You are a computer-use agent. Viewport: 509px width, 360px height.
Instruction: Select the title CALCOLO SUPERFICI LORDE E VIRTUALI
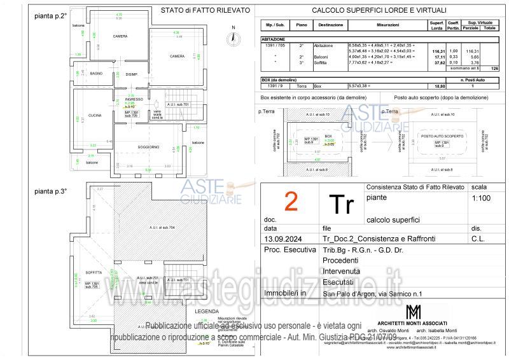(x=379, y=10)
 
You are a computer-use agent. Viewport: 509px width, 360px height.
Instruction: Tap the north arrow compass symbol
(x=234, y=37)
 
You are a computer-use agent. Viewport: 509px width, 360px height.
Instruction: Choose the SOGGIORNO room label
(x=148, y=148)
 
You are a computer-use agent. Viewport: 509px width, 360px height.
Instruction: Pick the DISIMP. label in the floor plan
(x=132, y=74)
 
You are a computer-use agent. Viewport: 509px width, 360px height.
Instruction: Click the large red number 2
(x=291, y=202)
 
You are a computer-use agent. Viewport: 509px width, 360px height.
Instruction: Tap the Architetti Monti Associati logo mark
(x=413, y=313)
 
